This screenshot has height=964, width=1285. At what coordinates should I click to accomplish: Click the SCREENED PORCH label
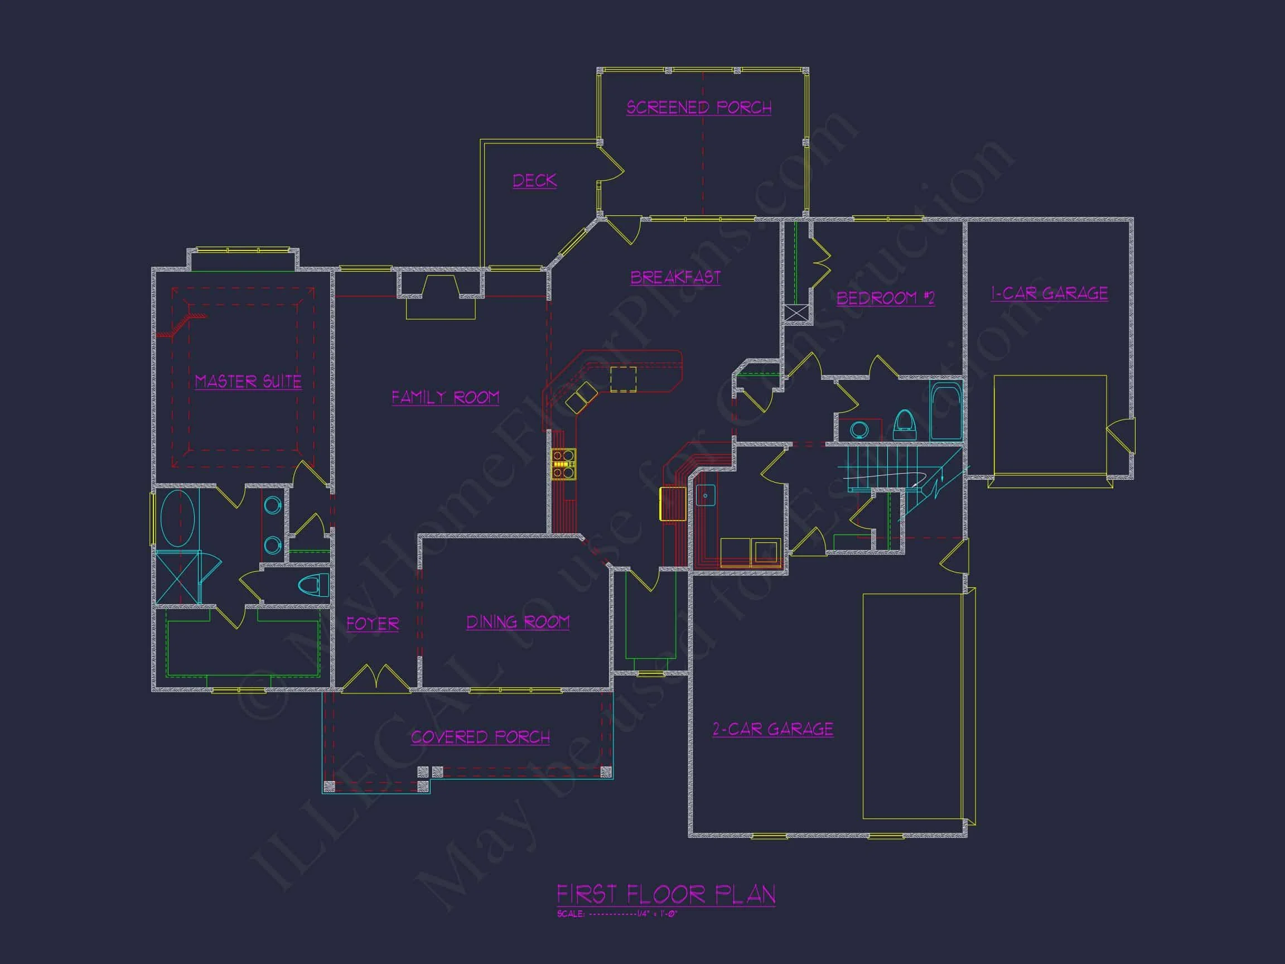click(x=699, y=108)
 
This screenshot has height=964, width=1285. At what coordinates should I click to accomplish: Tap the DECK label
click(x=534, y=181)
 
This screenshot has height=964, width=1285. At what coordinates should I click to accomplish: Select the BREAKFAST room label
click(x=675, y=277)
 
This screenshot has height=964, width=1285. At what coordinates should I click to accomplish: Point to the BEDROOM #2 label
click(x=885, y=298)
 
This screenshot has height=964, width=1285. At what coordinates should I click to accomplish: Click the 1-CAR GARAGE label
click(x=1049, y=293)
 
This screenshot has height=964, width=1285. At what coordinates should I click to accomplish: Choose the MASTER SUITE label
click(x=248, y=382)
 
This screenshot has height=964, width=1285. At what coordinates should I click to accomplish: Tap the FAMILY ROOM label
click(x=445, y=397)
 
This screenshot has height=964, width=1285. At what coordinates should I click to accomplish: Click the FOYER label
click(x=373, y=624)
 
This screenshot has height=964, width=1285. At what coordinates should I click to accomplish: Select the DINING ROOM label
click(x=518, y=623)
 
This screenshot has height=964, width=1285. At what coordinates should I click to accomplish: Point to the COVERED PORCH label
click(x=480, y=738)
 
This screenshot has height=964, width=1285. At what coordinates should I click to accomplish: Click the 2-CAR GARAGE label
click(x=772, y=729)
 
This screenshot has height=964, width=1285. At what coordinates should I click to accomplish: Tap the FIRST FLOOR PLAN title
click(x=666, y=894)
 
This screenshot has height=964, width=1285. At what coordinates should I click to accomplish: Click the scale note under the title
click(x=617, y=914)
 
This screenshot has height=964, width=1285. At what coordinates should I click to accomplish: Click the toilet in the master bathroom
click(x=312, y=585)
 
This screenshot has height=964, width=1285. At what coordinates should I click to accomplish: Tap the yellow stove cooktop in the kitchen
click(x=563, y=464)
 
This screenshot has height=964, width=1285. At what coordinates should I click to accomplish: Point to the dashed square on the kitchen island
click(x=623, y=379)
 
